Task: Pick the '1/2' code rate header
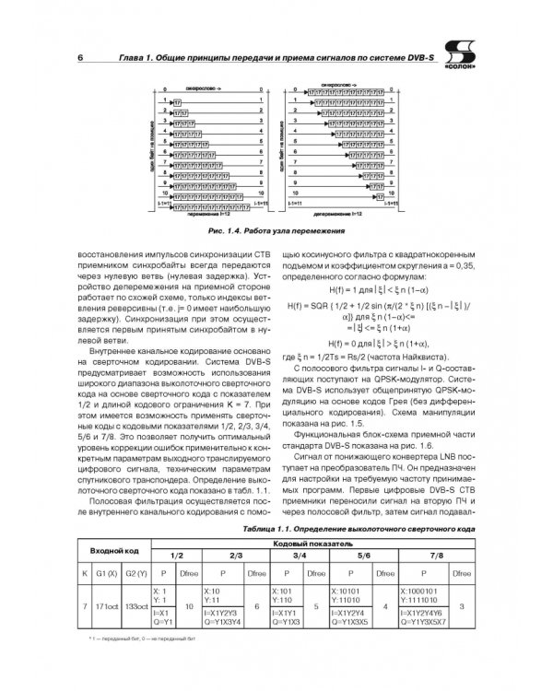[x=178, y=556]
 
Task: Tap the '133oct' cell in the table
[x=136, y=608]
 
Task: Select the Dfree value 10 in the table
[x=190, y=608]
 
